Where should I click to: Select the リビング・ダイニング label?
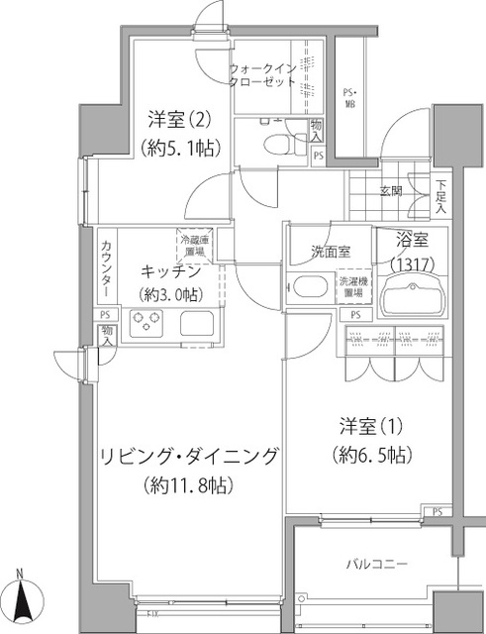tap(187, 456)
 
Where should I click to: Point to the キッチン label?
tap(171, 271)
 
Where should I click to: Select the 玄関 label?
tap(389, 191)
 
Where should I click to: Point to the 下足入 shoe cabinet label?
tap(441, 196)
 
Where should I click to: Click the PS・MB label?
tap(350, 100)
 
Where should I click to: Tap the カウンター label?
tap(106, 271)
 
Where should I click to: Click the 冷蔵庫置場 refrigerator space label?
tap(194, 247)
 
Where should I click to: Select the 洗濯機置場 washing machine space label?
tap(353, 287)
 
